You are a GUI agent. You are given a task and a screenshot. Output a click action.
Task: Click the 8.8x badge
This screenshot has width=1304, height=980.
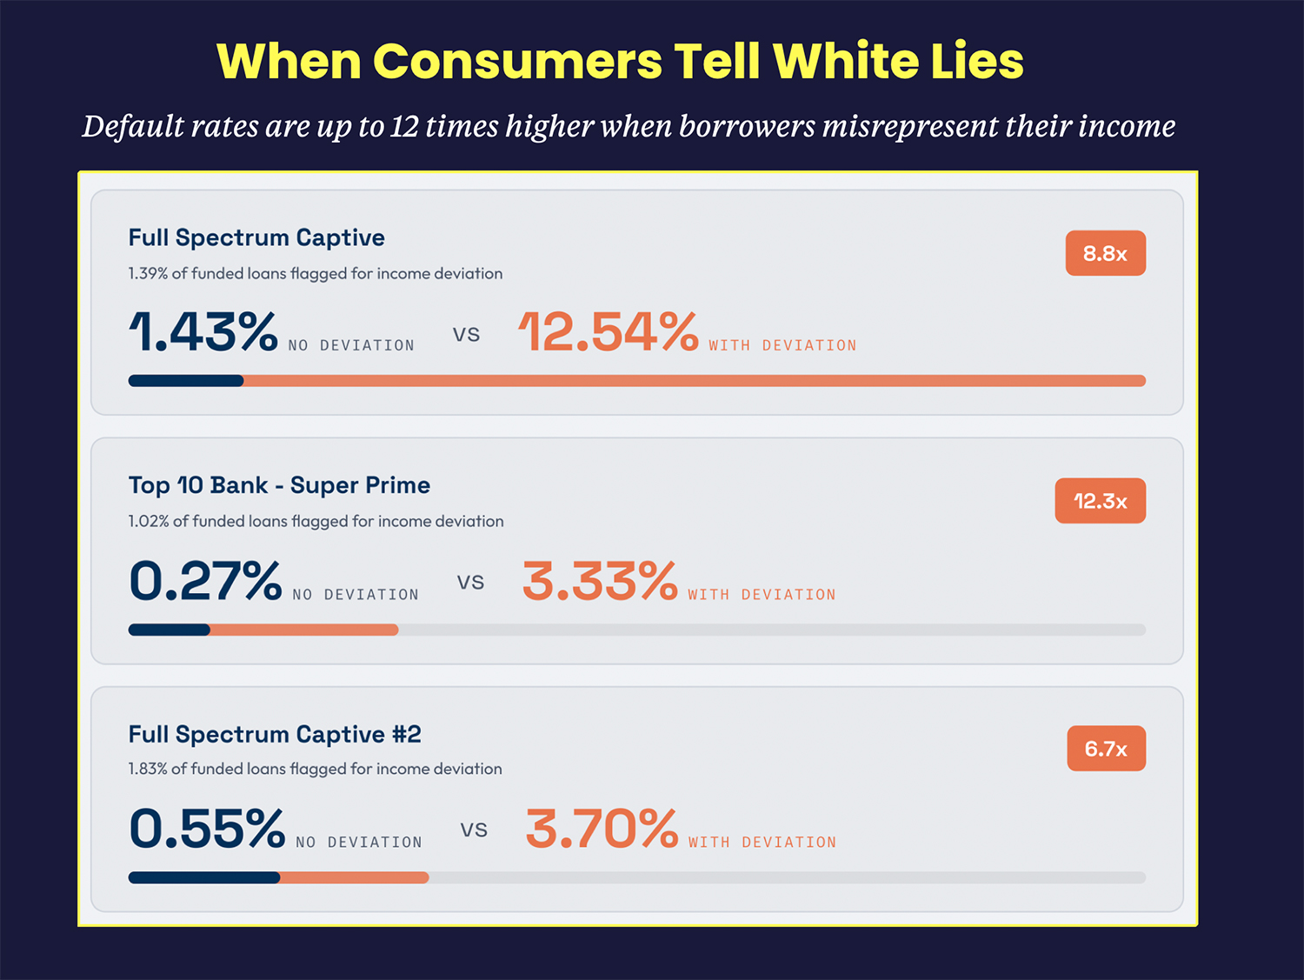click(1105, 253)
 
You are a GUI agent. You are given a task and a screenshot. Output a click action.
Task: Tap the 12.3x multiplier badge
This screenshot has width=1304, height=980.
click(1100, 501)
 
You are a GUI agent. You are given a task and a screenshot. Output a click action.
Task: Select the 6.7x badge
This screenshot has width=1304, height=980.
click(1106, 749)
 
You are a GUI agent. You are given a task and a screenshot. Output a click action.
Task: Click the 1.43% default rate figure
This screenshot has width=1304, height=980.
click(203, 332)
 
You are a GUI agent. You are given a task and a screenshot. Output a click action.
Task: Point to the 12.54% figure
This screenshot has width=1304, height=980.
click(609, 332)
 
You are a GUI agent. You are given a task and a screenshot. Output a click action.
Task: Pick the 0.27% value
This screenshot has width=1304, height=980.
click(205, 581)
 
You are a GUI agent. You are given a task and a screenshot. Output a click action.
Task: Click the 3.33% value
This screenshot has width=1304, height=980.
click(600, 581)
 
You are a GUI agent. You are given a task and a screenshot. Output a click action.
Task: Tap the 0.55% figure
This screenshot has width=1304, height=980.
click(207, 829)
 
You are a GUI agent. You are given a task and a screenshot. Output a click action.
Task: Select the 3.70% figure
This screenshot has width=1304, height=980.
click(602, 829)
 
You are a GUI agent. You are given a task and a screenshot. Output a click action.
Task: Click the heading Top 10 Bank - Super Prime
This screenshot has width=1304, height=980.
click(279, 485)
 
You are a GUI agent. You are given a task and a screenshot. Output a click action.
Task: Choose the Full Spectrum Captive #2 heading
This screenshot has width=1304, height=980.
click(275, 734)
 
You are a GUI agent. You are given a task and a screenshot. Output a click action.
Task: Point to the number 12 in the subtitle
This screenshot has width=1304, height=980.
click(404, 127)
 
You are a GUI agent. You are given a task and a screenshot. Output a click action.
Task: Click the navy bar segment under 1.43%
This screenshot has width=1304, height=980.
click(186, 381)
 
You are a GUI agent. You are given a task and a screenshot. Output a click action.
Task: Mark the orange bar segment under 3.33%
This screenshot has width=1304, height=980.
click(304, 630)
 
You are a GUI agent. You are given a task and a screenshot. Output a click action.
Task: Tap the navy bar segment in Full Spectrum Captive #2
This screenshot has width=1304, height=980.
click(204, 877)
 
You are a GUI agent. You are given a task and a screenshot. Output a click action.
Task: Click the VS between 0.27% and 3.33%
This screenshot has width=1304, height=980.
click(470, 583)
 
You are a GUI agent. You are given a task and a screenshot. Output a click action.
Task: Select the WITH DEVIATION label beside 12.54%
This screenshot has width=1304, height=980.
click(782, 345)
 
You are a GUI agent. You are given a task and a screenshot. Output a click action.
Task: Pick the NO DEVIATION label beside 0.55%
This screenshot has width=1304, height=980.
click(358, 842)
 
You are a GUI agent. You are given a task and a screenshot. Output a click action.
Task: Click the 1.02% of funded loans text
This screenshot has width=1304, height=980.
click(316, 521)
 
